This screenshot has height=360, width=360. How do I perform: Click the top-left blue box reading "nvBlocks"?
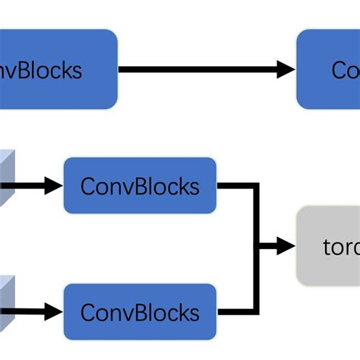click(57, 69)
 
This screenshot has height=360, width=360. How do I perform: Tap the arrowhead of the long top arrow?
click(286, 70)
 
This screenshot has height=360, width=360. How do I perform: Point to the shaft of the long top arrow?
click(197, 70)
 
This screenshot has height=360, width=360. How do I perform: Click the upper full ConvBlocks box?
click(140, 185)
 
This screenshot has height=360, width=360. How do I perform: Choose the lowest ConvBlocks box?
click(140, 311)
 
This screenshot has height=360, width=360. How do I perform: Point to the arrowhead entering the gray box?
click(286, 246)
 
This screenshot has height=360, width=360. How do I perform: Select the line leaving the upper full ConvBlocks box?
click(235, 185)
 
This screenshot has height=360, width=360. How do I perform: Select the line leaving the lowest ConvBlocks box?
click(235, 311)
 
